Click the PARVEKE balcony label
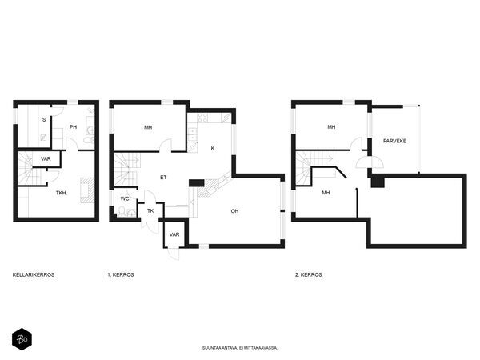(394, 141)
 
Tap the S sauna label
(44, 120)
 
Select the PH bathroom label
(73, 126)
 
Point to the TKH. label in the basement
(62, 193)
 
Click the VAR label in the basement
(46, 159)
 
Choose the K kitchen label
(213, 148)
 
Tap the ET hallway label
(163, 178)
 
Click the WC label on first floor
(125, 198)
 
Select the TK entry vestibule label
(150, 211)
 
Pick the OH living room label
(234, 211)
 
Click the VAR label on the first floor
(174, 234)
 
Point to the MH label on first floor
(148, 127)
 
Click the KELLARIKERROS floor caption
(34, 274)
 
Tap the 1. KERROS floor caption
(121, 274)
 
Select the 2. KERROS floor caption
(308, 274)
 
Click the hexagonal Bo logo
(22, 339)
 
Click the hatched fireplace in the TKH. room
(87, 190)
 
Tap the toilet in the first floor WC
(122, 211)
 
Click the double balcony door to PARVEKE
(370, 162)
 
